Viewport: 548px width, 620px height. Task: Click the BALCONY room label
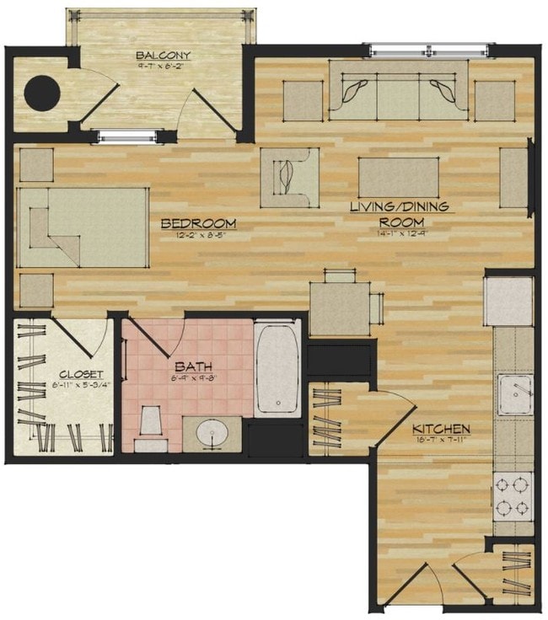163,56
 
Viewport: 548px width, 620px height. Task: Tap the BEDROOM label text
198,223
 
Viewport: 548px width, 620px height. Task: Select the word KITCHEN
441,429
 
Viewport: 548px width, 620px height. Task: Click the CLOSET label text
81,374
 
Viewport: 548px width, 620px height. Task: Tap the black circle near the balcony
40,93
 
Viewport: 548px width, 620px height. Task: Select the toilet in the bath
152,425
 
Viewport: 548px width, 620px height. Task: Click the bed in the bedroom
83,227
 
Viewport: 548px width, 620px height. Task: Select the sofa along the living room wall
399,92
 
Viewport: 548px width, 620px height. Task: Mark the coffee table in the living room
399,178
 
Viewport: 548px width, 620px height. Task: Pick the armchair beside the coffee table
289,177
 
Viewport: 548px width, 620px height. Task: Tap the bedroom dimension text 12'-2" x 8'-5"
198,236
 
